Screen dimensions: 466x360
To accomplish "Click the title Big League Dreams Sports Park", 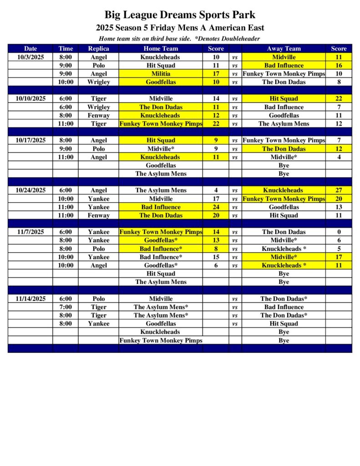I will point(180,15).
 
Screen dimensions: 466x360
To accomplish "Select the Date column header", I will point(30,49).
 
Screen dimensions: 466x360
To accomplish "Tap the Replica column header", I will point(98,49).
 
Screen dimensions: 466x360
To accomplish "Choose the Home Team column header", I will point(161,49).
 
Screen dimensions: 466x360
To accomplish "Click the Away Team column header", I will point(284,49).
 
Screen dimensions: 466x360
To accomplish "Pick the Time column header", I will point(66,49).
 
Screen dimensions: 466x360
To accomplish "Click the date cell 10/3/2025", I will point(30,57).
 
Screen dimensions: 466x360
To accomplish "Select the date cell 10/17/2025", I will point(30,141).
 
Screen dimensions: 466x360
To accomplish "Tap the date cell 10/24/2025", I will point(30,190).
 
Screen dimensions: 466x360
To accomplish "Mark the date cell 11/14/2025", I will point(30,299).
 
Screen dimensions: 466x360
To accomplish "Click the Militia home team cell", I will point(161,74).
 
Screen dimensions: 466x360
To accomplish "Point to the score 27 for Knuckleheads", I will point(339,190).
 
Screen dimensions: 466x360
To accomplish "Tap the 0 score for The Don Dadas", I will point(339,232).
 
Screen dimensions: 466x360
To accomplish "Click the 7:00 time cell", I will point(66,307).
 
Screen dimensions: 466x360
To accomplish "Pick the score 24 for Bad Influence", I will point(216,207).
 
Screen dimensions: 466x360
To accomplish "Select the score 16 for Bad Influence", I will point(339,66).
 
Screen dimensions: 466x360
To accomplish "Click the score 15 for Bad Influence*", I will point(216,257).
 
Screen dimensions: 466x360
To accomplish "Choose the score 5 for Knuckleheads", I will point(339,249).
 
